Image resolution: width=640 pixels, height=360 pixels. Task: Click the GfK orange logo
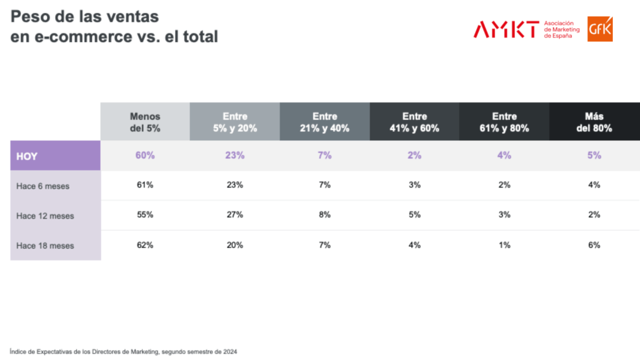pyautogui.click(x=600, y=29)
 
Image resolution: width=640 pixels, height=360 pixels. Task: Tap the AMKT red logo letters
pyautogui.click(x=506, y=29)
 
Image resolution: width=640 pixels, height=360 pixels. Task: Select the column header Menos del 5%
pyautogui.click(x=145, y=122)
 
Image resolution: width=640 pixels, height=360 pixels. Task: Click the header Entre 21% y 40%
pyautogui.click(x=325, y=122)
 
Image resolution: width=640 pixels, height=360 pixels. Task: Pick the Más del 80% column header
pyautogui.click(x=594, y=122)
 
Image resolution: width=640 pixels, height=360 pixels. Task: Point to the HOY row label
pyautogui.click(x=28, y=156)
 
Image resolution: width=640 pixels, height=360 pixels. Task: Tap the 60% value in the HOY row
pyautogui.click(x=145, y=155)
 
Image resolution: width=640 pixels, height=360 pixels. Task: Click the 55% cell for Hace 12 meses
pyautogui.click(x=145, y=215)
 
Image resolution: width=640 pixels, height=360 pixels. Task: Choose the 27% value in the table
pyautogui.click(x=235, y=215)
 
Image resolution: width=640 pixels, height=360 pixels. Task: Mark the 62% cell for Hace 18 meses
pyautogui.click(x=145, y=245)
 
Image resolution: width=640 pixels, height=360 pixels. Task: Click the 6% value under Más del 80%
pyautogui.click(x=594, y=245)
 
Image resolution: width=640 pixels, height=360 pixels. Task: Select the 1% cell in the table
pyautogui.click(x=505, y=245)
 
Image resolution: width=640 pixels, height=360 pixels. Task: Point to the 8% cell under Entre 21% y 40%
pyautogui.click(x=325, y=215)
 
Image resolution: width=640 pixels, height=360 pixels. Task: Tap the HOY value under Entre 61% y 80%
pyautogui.click(x=505, y=155)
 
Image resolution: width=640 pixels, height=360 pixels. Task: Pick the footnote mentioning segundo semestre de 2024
pyautogui.click(x=123, y=351)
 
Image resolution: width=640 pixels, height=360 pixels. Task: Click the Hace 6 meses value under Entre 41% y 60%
pyautogui.click(x=415, y=185)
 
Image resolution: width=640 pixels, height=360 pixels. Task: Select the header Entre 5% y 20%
pyautogui.click(x=235, y=122)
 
